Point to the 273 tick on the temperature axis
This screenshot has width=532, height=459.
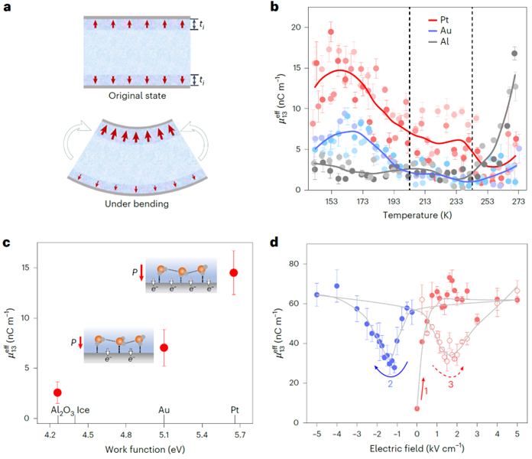tap(518, 201)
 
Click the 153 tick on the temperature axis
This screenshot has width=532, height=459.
tap(332, 201)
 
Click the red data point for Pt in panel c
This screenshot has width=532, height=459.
tap(233, 272)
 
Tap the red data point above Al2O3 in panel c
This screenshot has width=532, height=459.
tap(57, 392)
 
